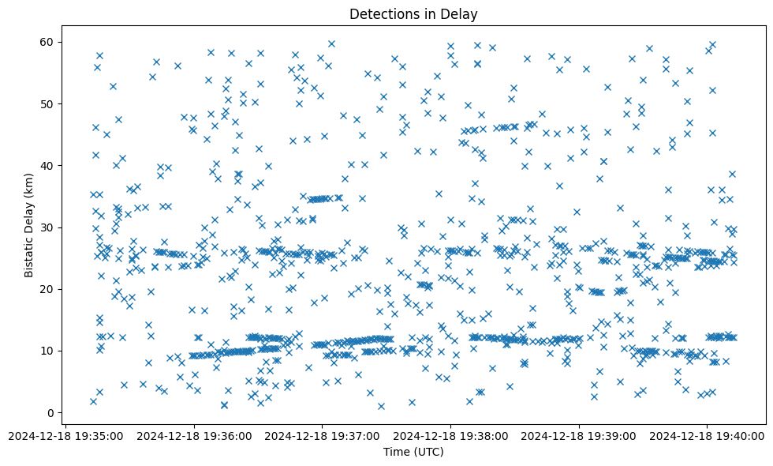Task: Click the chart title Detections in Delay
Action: pos(413,14)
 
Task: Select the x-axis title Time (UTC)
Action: pos(413,452)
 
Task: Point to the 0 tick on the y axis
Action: pos(59,412)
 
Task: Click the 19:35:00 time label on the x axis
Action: pos(66,435)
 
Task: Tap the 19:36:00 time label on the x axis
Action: pos(194,435)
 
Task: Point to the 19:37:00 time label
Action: pos(322,435)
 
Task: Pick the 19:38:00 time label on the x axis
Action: pos(450,435)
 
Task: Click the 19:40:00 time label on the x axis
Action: pos(707,435)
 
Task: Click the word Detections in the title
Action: pos(383,14)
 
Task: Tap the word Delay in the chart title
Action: pos(461,14)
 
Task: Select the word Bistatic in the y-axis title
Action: pos(29,251)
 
